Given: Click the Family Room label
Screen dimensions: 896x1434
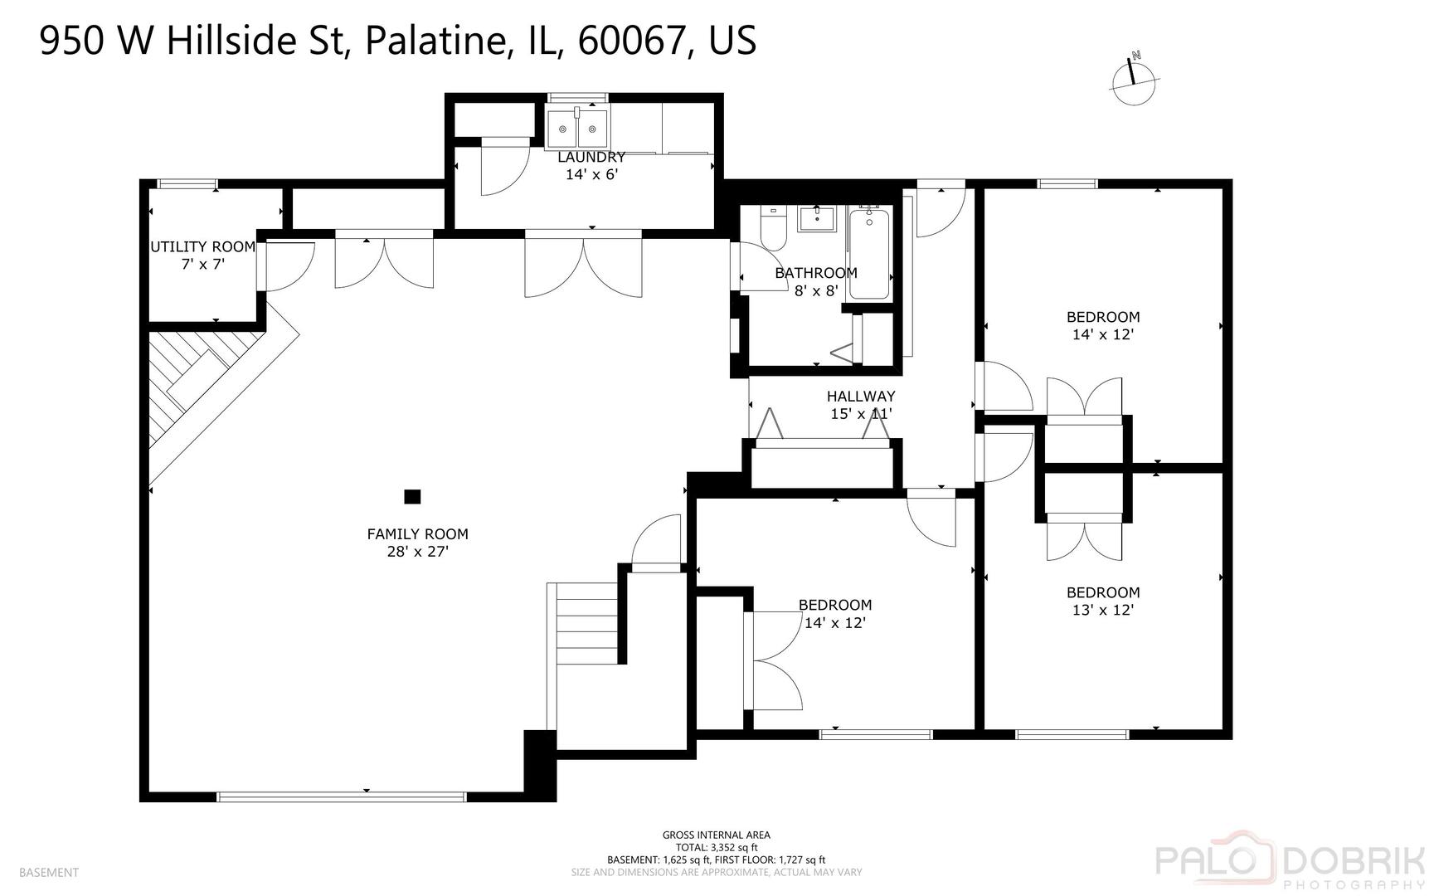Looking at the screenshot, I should (x=417, y=543).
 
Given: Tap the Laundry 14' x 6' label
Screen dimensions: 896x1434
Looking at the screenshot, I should (x=591, y=166).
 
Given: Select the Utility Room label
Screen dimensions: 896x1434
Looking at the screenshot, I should (x=202, y=256).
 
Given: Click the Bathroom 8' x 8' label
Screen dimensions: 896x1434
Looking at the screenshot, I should (x=816, y=281).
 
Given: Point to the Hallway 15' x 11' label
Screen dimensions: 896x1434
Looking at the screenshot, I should (x=861, y=405).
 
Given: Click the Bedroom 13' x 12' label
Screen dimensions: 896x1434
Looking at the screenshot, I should (x=1102, y=601).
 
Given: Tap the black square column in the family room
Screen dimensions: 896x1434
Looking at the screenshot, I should (x=412, y=497).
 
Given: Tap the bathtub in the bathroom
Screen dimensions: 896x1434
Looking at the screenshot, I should (x=869, y=253).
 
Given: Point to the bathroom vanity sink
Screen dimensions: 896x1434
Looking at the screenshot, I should (x=817, y=220).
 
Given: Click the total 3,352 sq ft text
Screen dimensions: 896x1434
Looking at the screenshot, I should (x=716, y=847).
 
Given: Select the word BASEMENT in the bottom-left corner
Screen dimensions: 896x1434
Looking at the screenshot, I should (x=48, y=872).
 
